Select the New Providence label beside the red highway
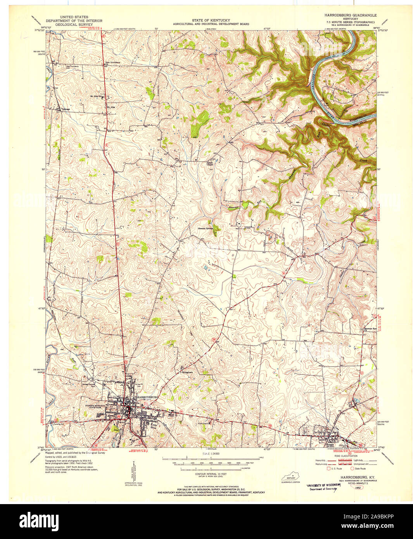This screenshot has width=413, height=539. tap(113, 62)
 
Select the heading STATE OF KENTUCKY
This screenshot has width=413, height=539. tap(211, 20)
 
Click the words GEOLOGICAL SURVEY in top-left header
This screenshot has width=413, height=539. tap(74, 24)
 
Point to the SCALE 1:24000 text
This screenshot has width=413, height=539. tap(211, 453)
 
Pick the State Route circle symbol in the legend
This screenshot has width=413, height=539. tap(353, 468)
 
